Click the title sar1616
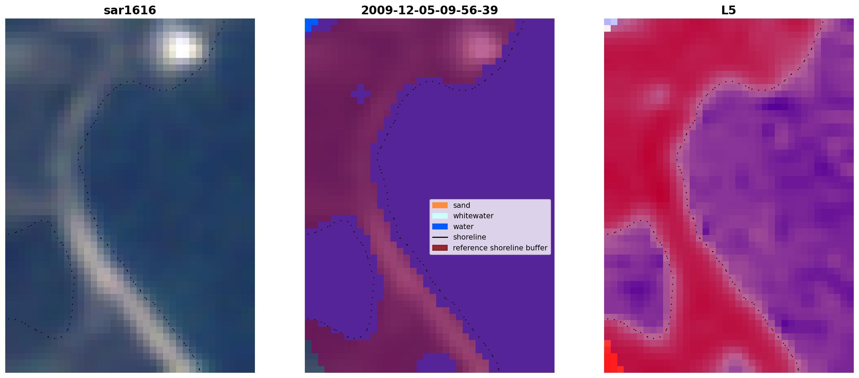[x=130, y=10]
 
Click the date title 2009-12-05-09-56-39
[x=429, y=10]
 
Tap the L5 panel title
[x=729, y=10]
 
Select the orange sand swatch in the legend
[x=440, y=205]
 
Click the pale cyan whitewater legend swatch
[x=440, y=216]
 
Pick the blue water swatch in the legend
[x=440, y=227]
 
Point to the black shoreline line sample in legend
[x=440, y=237]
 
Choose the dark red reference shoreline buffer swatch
[x=440, y=248]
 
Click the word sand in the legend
[x=462, y=205]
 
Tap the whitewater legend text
[x=473, y=216]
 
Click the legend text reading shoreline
[x=469, y=237]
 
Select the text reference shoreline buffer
[x=500, y=248]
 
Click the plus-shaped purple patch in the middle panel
[x=361, y=93]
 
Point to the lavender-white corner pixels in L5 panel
[x=610, y=25]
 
